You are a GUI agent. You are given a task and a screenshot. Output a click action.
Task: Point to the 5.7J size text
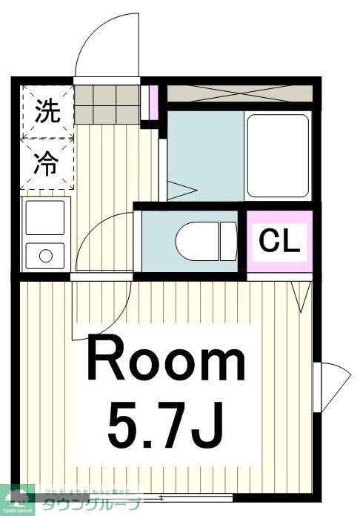point(166,425)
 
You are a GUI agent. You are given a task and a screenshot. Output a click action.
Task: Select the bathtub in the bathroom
point(277,155)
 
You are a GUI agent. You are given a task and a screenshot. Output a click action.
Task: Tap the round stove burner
point(46,257)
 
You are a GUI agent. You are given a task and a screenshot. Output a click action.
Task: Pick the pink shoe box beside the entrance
point(154,102)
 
